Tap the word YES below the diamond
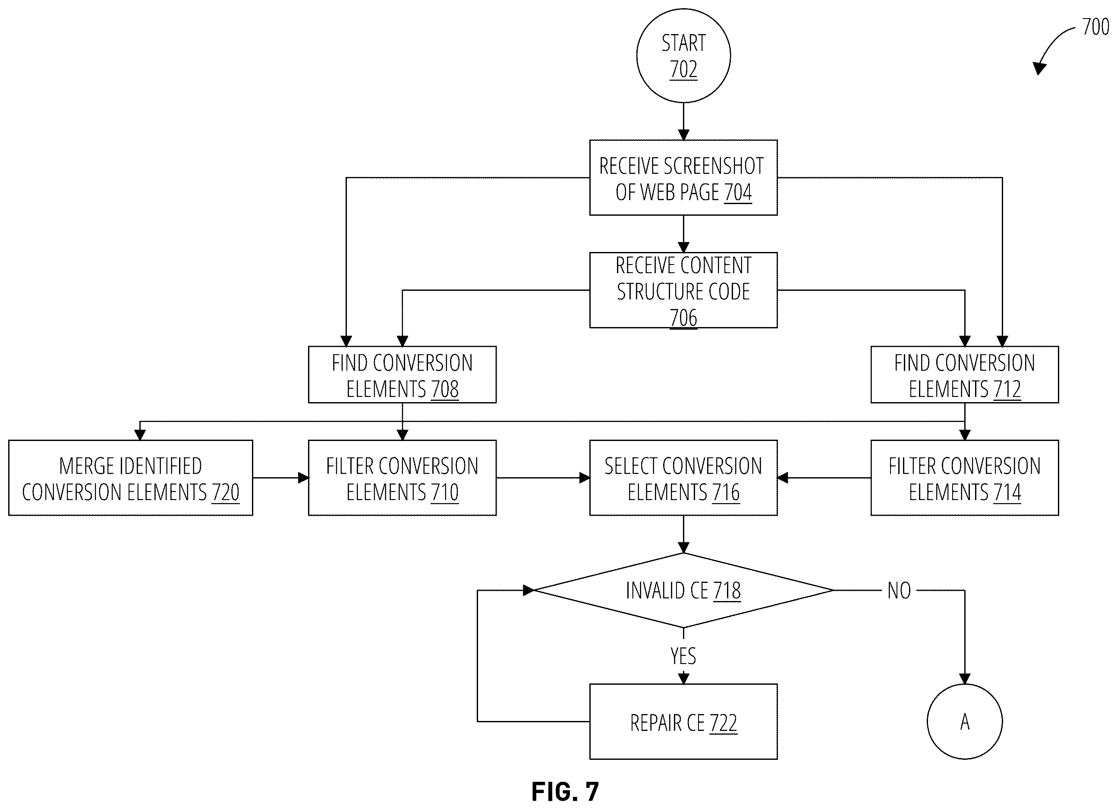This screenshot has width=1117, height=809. pyautogui.click(x=683, y=656)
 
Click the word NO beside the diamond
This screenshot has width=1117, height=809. pyautogui.click(x=899, y=590)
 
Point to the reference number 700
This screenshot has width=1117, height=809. pyautogui.click(x=1095, y=27)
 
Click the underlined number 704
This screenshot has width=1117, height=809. pyautogui.click(x=738, y=192)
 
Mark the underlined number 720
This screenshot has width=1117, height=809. pyautogui.click(x=225, y=492)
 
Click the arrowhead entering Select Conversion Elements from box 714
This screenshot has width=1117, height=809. pyautogui.click(x=783, y=478)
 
